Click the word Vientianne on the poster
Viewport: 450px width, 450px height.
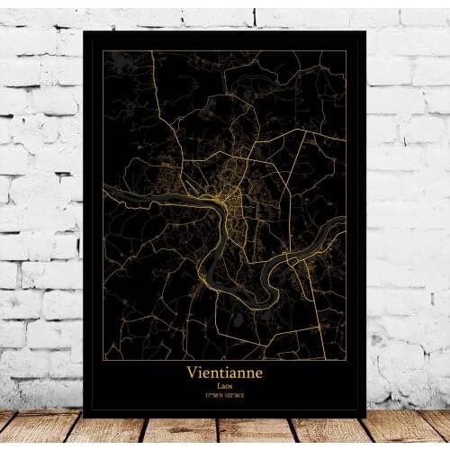pyautogui.click(x=224, y=370)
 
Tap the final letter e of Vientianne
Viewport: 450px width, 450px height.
pyautogui.click(x=258, y=371)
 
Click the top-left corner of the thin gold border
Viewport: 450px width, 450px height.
pyautogui.click(x=103, y=51)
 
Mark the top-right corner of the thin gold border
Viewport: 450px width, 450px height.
pyautogui.click(x=346, y=51)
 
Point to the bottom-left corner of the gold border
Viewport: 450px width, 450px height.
pyautogui.click(x=103, y=359)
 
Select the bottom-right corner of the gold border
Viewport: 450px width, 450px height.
pyautogui.click(x=346, y=359)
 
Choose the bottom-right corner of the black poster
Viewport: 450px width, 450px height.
pyautogui.click(x=366, y=417)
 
